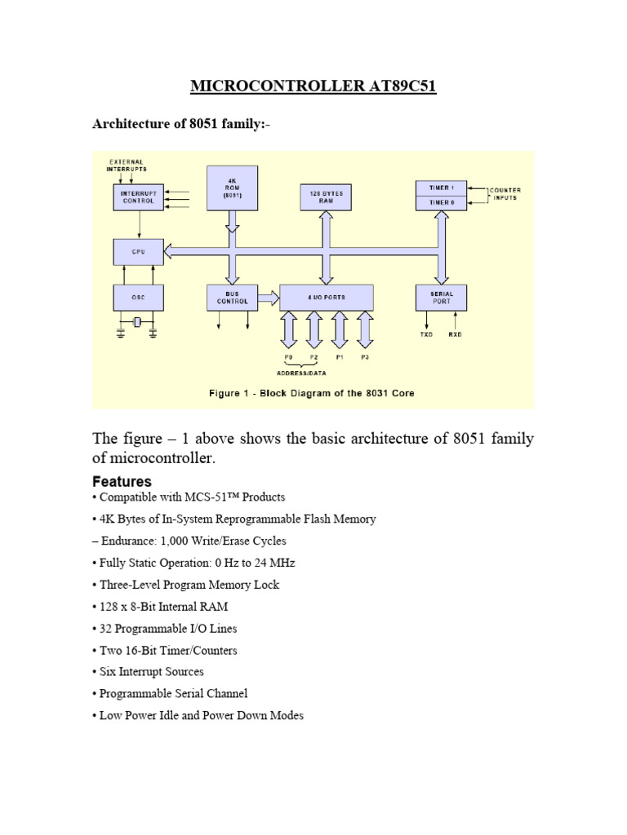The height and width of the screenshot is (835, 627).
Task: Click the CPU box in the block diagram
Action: (x=139, y=252)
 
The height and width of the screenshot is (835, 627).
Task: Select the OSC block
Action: (x=139, y=298)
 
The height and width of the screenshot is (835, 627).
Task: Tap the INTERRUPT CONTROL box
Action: (x=139, y=197)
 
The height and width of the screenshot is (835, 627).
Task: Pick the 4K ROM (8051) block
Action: (x=233, y=188)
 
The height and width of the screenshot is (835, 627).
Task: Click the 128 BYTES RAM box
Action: (x=326, y=197)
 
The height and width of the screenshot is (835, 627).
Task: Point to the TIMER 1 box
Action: (x=442, y=188)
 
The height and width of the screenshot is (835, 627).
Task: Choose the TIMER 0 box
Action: (x=442, y=203)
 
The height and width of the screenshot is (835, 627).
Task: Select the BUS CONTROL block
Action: (x=233, y=298)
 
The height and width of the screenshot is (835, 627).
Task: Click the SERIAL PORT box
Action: (x=442, y=298)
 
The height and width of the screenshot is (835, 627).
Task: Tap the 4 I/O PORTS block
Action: (x=327, y=298)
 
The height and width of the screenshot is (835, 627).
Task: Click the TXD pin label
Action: (x=426, y=334)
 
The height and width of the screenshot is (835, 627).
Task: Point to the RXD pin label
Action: (x=456, y=334)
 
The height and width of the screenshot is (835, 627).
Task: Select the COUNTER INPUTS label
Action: (x=505, y=194)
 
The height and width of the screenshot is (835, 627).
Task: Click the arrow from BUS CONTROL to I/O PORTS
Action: (x=269, y=298)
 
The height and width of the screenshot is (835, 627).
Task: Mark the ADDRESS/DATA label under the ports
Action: (x=301, y=373)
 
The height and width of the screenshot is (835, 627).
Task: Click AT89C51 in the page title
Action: (x=402, y=86)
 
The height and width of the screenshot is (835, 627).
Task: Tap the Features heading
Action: (x=122, y=481)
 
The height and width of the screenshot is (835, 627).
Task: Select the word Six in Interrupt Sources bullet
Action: (x=107, y=672)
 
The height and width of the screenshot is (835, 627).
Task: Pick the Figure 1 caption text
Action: (x=311, y=394)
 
